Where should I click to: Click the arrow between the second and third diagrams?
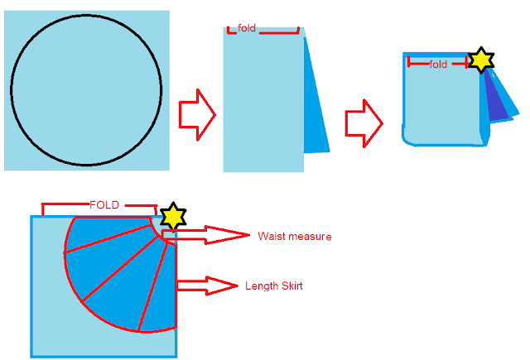click(x=363, y=123)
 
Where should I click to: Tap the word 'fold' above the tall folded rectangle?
click(x=247, y=28)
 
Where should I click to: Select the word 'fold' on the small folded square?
click(x=438, y=64)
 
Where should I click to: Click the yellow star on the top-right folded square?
click(x=480, y=60)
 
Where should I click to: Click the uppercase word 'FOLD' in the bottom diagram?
click(x=105, y=204)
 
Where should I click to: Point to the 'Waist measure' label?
click(x=294, y=237)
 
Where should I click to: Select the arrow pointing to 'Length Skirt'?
click(x=207, y=286)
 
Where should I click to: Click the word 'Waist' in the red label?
click(x=271, y=237)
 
